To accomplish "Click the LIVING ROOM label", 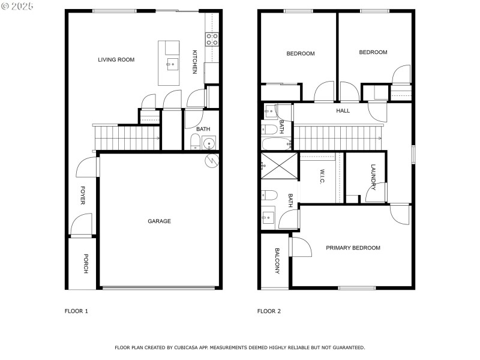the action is coord(116,59).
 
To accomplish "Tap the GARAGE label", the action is coord(159,221).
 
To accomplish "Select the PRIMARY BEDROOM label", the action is coord(353,248).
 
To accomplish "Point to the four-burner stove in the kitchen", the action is coord(212,39).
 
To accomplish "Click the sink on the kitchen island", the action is coord(172,64).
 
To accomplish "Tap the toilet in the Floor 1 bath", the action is coord(195,142).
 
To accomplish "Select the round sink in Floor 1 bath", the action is coord(209,143).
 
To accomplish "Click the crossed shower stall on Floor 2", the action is coord(279,166).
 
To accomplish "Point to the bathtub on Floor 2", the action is coord(277,143).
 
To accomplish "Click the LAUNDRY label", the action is coord(373,177).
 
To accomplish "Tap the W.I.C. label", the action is coord(322,176).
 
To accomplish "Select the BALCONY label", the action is coord(277,261).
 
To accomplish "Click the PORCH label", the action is coord(86,263).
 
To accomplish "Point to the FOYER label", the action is coord(82,196).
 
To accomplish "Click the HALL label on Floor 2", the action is coord(343,111).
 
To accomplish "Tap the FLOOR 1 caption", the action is coord(76,311).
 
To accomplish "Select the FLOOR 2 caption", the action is coord(269,311).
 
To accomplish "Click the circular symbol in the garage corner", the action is coord(212,160).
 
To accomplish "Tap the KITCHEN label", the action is coord(194,62).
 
